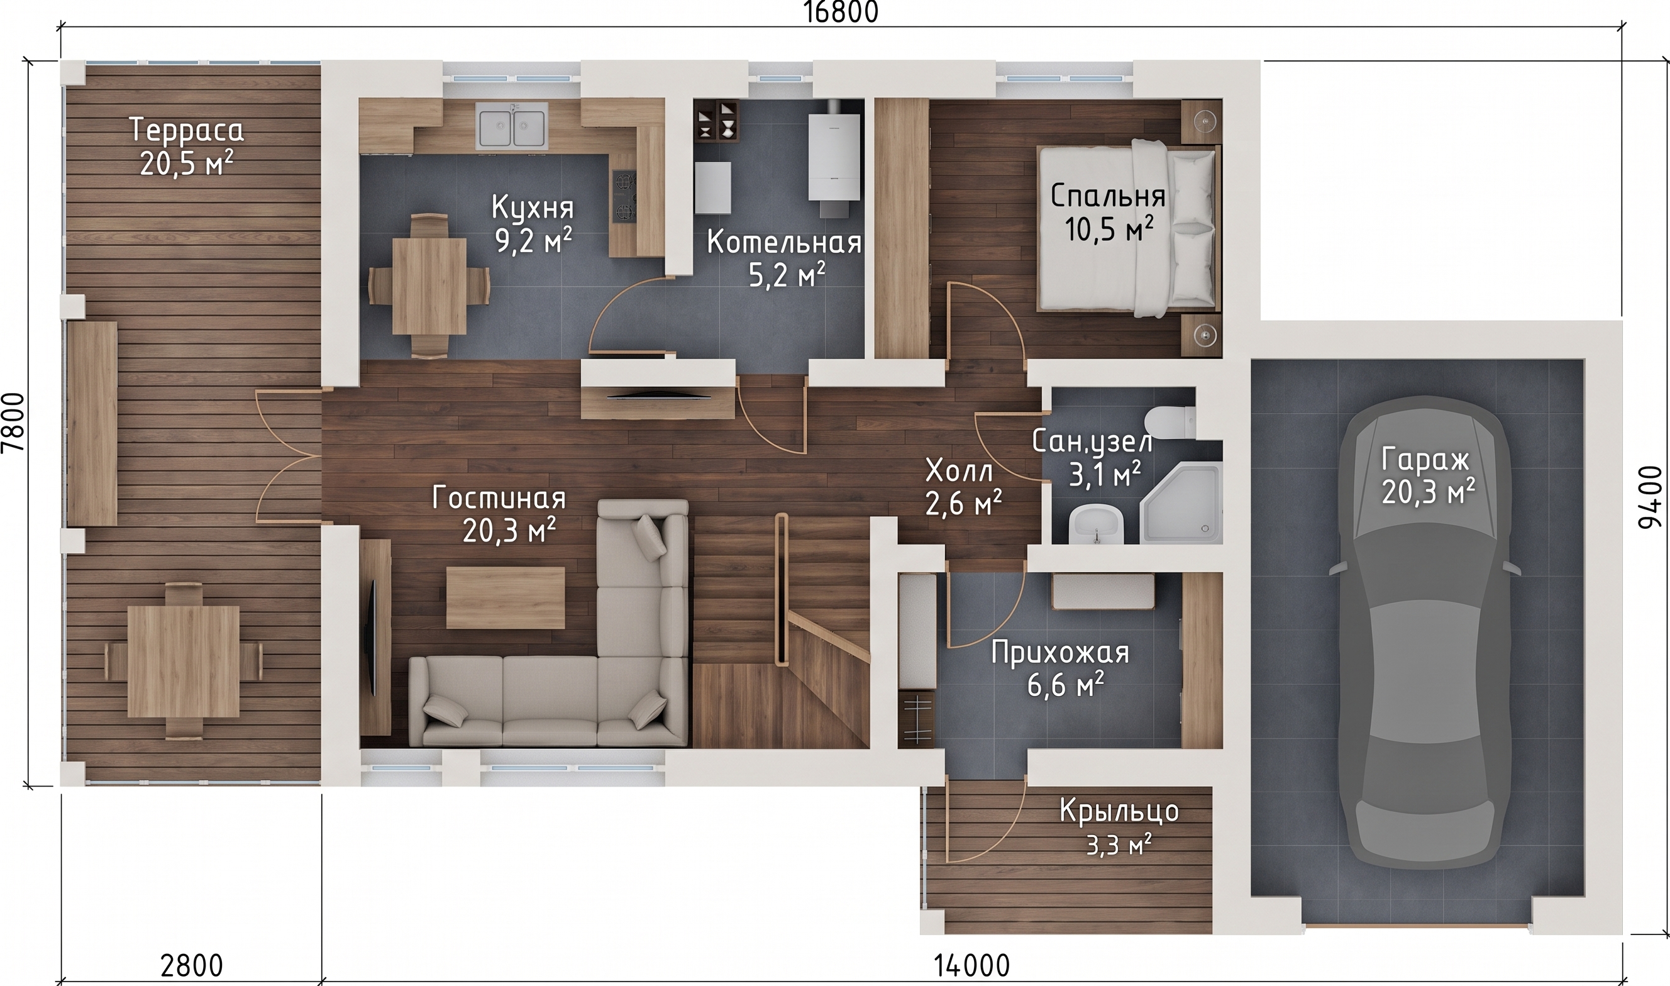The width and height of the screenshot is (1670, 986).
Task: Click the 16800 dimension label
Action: [x=841, y=13]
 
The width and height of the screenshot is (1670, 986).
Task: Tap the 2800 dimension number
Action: [x=192, y=965]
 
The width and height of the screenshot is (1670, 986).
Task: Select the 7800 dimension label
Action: [x=13, y=422]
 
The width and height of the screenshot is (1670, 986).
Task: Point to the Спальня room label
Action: [x=1108, y=196]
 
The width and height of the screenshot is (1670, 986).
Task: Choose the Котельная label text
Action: [x=785, y=243]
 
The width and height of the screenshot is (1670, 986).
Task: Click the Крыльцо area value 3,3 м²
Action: [x=1119, y=845]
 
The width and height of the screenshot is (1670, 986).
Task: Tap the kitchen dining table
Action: [x=429, y=285]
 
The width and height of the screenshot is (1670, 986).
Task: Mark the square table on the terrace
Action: [x=184, y=660]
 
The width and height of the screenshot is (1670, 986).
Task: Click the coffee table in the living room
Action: [x=505, y=597]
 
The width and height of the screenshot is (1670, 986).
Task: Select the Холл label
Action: [x=959, y=472]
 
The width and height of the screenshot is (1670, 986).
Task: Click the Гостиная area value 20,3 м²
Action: [x=509, y=531]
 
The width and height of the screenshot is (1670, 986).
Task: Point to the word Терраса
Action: [x=187, y=130]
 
